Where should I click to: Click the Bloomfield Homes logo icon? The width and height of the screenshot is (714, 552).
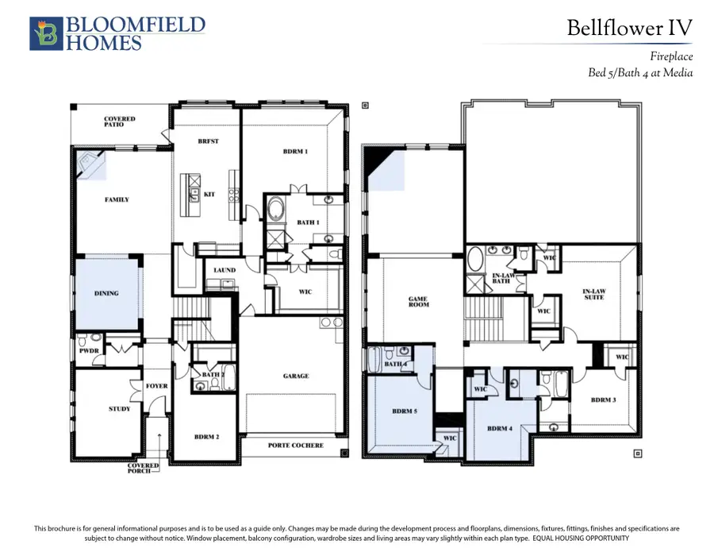(x=46, y=33)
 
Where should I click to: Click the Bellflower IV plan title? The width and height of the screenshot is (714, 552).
(x=629, y=28)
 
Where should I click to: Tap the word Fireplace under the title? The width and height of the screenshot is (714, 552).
(x=671, y=56)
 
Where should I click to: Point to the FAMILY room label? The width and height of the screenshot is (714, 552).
(x=117, y=199)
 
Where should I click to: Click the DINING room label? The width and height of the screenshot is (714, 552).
(x=106, y=293)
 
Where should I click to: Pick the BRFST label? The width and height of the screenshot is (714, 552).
(x=208, y=141)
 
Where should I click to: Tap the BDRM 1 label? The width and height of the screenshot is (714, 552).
(x=295, y=152)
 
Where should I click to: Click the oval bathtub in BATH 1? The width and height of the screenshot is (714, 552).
(x=275, y=210)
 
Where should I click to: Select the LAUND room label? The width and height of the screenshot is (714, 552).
(x=225, y=270)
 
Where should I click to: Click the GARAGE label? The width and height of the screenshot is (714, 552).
(x=296, y=376)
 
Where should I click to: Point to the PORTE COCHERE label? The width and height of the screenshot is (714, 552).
(x=296, y=446)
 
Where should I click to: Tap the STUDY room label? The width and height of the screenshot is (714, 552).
(x=119, y=409)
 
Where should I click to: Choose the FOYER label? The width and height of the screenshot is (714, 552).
(x=156, y=386)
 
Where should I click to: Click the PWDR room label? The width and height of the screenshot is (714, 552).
(x=89, y=350)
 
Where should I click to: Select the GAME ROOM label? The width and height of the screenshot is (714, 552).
(x=418, y=302)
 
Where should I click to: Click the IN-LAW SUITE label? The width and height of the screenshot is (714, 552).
(x=594, y=294)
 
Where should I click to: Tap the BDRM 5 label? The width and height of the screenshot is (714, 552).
(x=405, y=411)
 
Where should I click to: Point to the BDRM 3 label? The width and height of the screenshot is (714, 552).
(x=604, y=400)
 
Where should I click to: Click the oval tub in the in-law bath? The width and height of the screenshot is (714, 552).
(x=475, y=260)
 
